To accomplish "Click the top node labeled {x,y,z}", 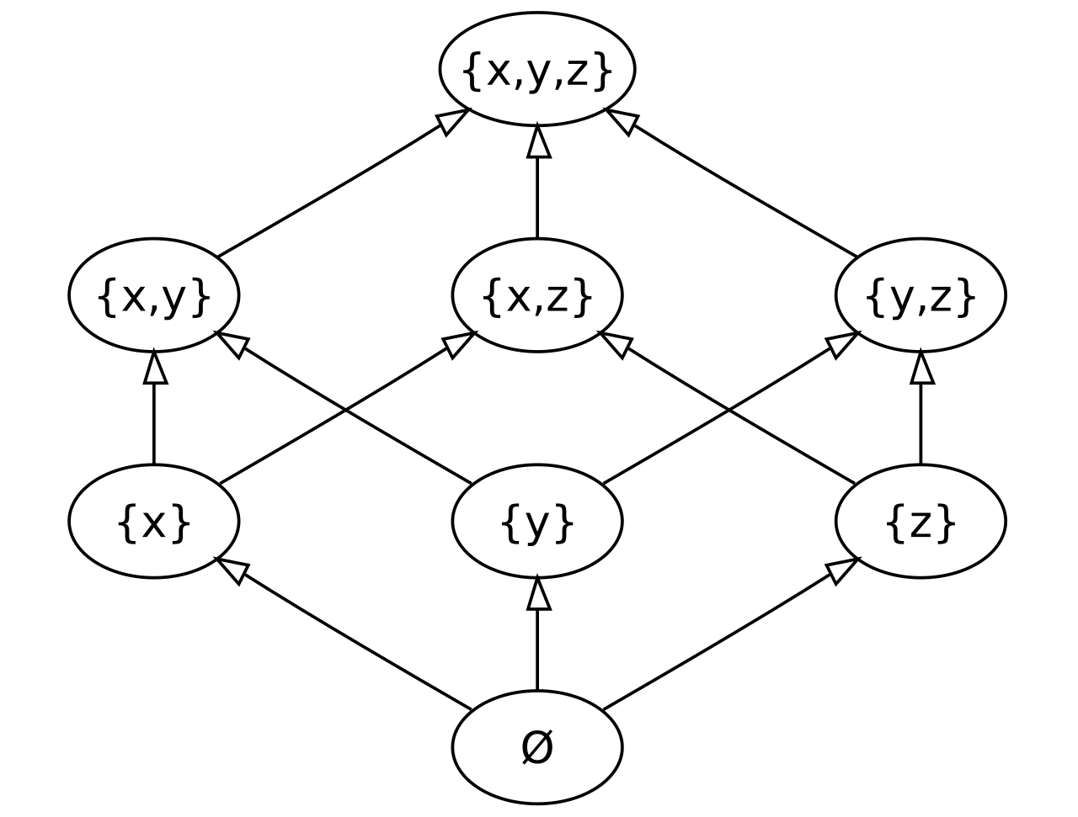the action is pos(537,69).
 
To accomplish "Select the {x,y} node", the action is pos(154,295).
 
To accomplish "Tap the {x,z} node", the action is pos(537,295).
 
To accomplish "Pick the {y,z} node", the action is pos(921,295).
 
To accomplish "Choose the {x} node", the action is pos(154,521).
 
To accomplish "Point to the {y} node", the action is pos(537,521).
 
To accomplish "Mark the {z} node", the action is pos(921,521).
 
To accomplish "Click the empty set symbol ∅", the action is pos(537,747).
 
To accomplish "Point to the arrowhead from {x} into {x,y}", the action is pos(155,368).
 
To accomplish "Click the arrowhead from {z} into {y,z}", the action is pos(922,368).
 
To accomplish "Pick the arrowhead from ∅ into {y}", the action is pos(538,594).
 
